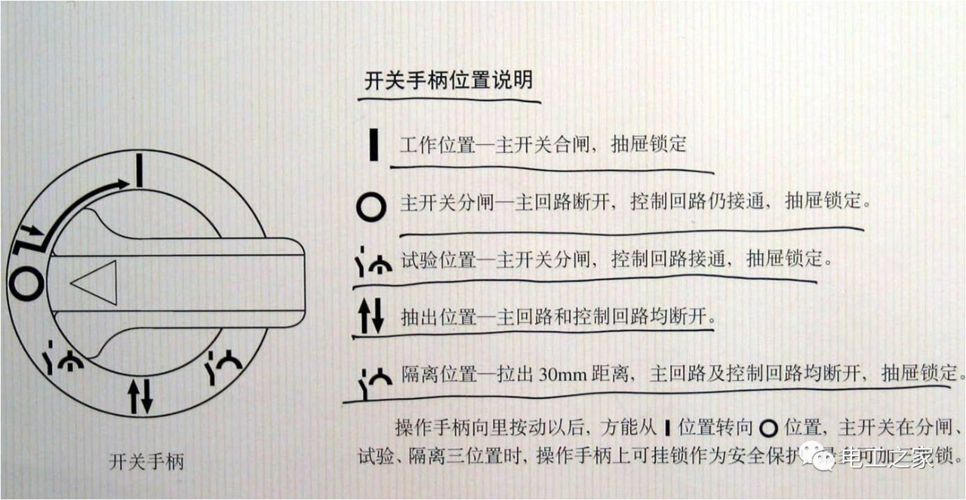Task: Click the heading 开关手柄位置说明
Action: (448, 81)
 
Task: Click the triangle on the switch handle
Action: (95, 283)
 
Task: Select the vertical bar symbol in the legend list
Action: (374, 145)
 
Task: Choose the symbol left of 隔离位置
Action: (373, 379)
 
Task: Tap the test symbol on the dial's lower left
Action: (62, 361)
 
